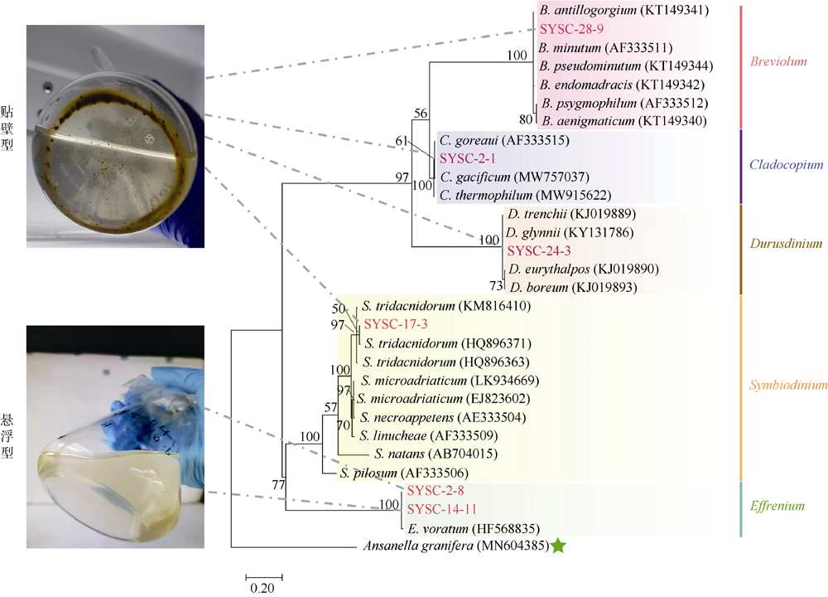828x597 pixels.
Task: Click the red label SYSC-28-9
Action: tap(571, 29)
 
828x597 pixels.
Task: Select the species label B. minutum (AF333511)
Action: tap(605, 48)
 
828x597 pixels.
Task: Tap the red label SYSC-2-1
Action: tap(468, 158)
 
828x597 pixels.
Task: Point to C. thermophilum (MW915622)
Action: tap(526, 196)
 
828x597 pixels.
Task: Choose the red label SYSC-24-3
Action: tap(539, 250)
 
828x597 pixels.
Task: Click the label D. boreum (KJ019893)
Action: tap(574, 288)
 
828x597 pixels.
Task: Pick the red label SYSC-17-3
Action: tap(396, 324)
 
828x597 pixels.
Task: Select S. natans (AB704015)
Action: tap(436, 454)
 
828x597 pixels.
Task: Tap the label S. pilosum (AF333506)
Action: tap(404, 473)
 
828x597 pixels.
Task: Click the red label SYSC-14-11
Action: tap(441, 509)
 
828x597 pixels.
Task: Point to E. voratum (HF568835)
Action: tap(474, 529)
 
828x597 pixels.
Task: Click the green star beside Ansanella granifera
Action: tap(558, 546)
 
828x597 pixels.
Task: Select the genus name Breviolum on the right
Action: tap(778, 61)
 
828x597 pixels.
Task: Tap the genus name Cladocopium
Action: tap(787, 164)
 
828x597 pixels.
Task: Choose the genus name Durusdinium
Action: tap(787, 244)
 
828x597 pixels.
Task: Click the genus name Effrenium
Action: tap(777, 506)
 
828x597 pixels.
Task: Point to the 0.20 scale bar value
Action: tap(262, 588)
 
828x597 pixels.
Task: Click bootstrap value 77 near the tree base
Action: tap(278, 485)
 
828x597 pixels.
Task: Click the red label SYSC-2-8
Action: tap(436, 491)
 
